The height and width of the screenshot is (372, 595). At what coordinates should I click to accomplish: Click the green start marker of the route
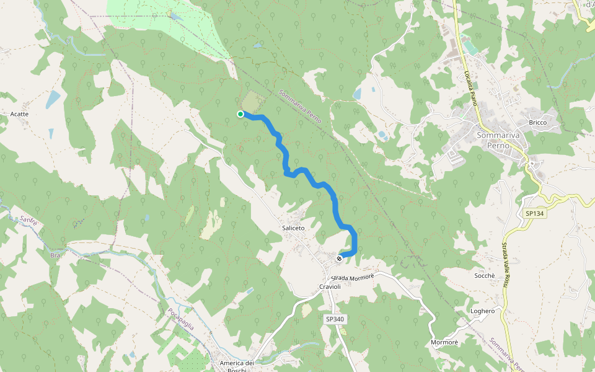240,113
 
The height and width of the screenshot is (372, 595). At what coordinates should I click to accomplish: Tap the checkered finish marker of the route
339,258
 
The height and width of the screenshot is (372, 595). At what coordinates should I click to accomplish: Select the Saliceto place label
293,228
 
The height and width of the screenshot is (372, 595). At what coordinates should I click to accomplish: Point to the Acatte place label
20,114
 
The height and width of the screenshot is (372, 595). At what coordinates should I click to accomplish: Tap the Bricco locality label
537,122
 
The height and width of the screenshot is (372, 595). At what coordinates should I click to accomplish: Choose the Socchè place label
484,275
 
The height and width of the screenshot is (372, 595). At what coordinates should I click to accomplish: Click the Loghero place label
483,311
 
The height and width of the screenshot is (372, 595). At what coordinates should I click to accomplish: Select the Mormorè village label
444,342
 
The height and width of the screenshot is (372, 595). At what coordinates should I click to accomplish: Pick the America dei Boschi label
237,366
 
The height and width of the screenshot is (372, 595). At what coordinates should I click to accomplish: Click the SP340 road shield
334,319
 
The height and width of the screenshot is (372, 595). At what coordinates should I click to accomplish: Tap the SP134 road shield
534,213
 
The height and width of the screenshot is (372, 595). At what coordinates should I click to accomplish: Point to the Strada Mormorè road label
353,277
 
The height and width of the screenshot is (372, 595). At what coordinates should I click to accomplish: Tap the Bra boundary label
55,255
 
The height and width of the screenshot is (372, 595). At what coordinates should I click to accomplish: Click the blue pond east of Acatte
54,99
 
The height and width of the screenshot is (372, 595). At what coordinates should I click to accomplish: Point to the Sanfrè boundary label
29,219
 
